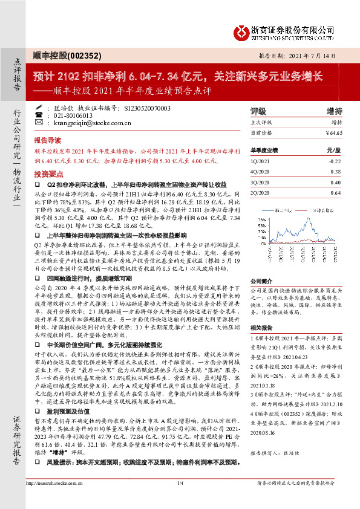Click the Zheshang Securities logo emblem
click(x=241, y=32)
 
